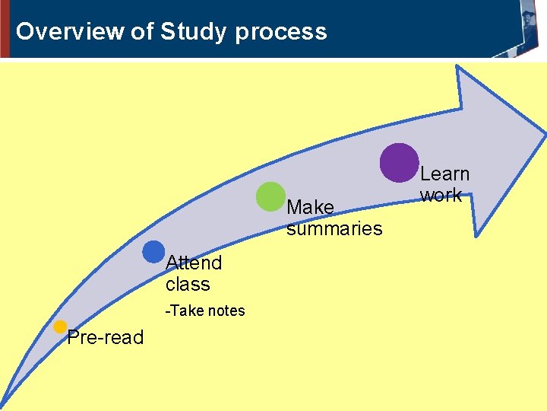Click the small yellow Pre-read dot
pos(60,327)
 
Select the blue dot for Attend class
pos(153,252)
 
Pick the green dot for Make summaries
pos(270,196)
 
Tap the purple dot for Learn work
pos(399,162)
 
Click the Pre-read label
pos(105,338)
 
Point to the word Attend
pos(194,263)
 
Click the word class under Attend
pos(188,284)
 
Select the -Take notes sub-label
pos(206,311)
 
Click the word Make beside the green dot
pos(311,207)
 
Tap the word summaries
pos(334,228)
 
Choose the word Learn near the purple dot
pos(445,174)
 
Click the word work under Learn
pos(441,195)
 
